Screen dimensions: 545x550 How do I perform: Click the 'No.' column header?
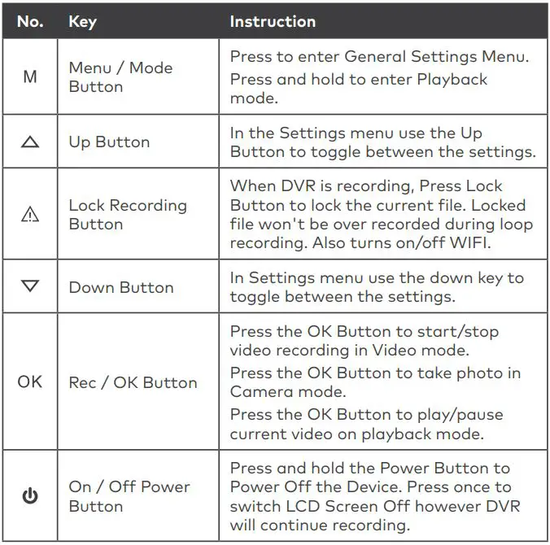tap(30, 22)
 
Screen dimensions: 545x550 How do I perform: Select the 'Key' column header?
tap(82, 22)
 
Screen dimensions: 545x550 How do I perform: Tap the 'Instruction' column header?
tap(273, 22)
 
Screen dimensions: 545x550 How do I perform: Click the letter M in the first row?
tap(30, 78)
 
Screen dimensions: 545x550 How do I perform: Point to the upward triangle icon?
tap(30, 142)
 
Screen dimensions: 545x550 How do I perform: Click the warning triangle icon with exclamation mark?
tap(30, 214)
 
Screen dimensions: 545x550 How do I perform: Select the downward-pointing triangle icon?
tap(30, 287)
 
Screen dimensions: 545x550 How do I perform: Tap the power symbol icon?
tap(30, 495)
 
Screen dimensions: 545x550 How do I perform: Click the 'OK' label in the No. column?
tap(30, 381)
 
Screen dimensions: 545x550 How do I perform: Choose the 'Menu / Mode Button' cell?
tap(120, 77)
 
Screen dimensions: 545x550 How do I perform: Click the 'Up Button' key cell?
tap(109, 142)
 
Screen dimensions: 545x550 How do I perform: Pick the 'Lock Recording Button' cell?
tap(128, 214)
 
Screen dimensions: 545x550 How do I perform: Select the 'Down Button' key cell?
tap(120, 287)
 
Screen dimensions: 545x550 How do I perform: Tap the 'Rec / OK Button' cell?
tap(133, 382)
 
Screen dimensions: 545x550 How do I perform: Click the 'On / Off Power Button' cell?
tap(129, 495)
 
